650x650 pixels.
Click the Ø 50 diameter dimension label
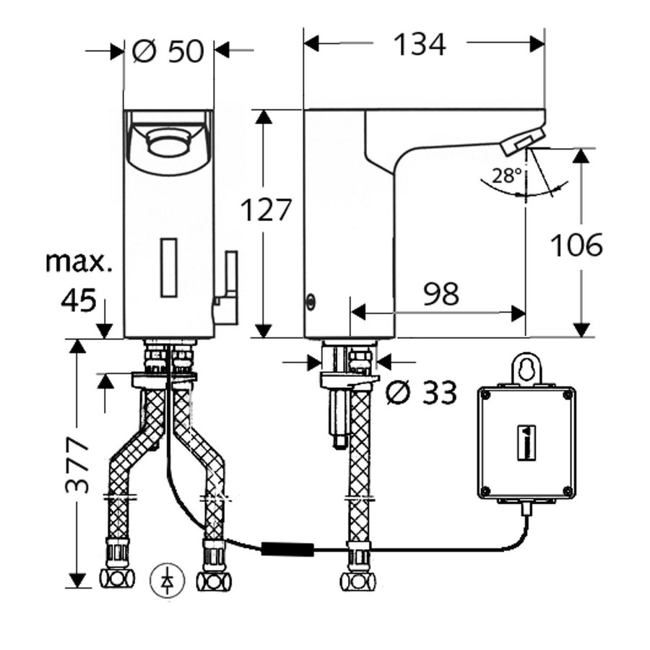point(168,51)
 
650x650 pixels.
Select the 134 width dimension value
point(420,44)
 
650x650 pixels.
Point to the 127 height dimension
point(266,209)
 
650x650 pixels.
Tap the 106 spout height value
point(576,245)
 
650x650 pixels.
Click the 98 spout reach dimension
point(441,294)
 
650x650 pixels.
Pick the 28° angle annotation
point(506,176)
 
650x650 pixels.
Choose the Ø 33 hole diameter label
point(421,391)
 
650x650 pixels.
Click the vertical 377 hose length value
point(77,466)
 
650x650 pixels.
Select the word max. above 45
point(78,262)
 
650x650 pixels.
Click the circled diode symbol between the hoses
point(167,581)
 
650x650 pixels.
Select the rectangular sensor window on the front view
point(168,267)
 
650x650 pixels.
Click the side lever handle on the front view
point(226,286)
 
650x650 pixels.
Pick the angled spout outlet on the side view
point(522,140)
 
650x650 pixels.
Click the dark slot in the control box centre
point(526,442)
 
